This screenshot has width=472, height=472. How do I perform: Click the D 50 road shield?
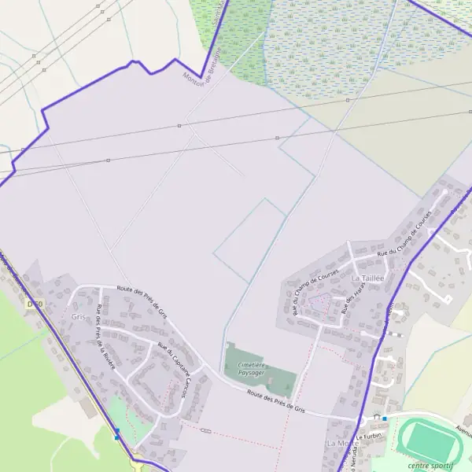pos(32,303)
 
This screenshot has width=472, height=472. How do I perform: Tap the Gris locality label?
pos(78,316)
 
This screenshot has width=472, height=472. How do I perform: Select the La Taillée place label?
pos(367,278)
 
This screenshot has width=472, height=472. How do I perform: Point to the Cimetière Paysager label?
pos(252,369)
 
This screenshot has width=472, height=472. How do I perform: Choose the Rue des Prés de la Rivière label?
pos(105,332)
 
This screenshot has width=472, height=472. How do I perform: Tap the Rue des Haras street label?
pos(350,301)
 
